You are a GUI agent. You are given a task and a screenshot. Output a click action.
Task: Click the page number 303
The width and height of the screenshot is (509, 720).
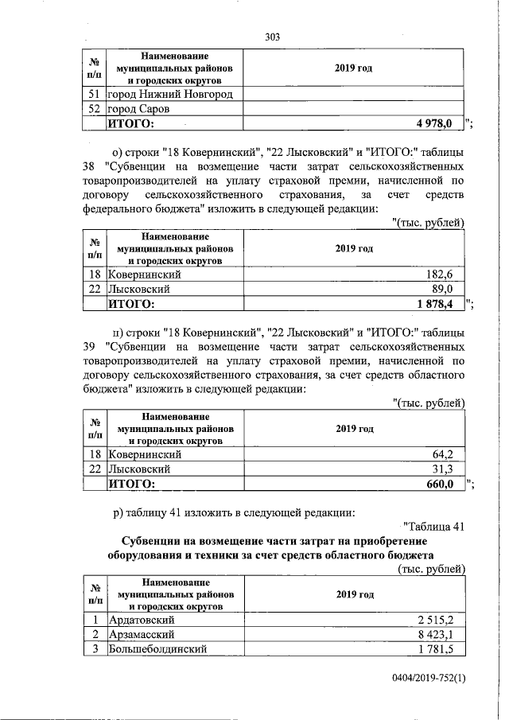273,37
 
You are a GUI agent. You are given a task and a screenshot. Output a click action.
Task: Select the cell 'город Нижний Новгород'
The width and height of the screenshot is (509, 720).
170,95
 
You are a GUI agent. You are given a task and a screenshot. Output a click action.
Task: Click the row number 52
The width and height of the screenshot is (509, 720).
96,109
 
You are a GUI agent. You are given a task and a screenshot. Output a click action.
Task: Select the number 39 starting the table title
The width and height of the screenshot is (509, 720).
90,346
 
